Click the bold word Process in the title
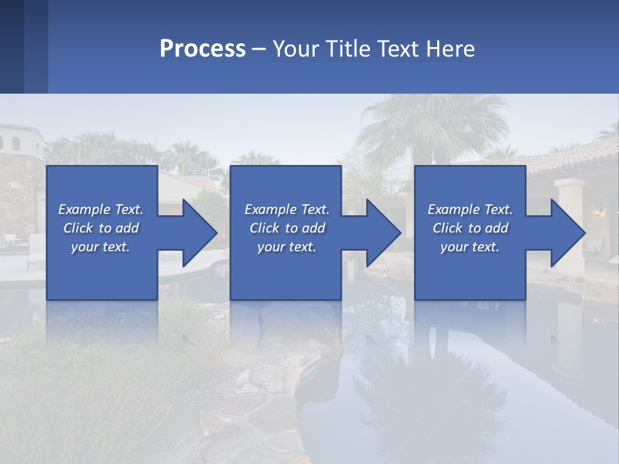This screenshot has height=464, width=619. [202, 49]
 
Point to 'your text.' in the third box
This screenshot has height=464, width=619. [469, 247]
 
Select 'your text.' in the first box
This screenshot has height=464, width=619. [100, 247]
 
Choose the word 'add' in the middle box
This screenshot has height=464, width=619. [313, 228]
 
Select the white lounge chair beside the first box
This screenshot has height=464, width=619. [35, 251]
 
